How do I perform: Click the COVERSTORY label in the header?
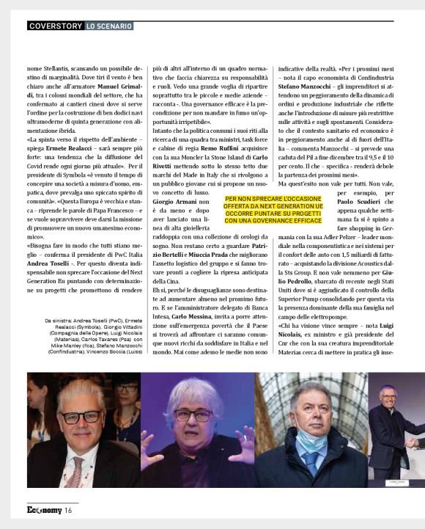pyautogui.click(x=55, y=26)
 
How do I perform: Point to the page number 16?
pyautogui.click(x=67, y=510)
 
